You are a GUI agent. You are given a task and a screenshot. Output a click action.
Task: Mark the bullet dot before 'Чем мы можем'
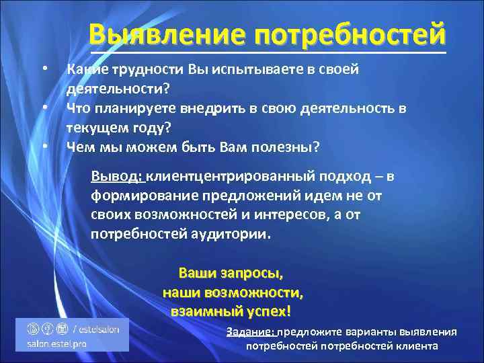pyautogui.click(x=44, y=146)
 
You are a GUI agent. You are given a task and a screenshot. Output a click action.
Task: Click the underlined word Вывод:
pyautogui.click(x=117, y=176)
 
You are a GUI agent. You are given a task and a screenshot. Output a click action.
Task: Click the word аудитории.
pyautogui.click(x=233, y=235)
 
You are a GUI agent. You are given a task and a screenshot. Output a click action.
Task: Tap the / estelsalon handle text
pyautogui.click(x=96, y=328)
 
